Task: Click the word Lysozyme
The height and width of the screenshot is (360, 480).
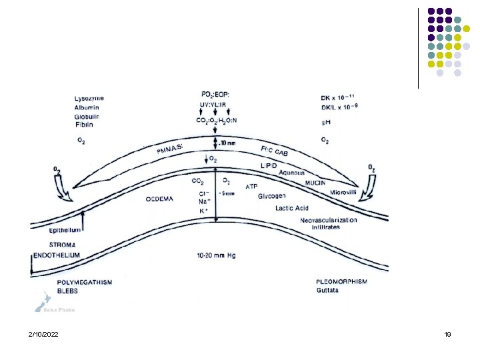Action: click(x=89, y=99)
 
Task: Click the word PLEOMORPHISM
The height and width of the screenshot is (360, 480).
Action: click(x=341, y=282)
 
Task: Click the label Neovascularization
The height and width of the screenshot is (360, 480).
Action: click(x=329, y=219)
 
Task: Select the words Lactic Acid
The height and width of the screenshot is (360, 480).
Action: click(x=292, y=208)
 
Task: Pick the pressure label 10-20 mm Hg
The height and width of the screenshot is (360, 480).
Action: click(x=217, y=255)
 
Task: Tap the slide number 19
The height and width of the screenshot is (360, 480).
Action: click(x=447, y=333)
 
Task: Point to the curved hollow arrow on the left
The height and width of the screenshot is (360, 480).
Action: click(x=66, y=191)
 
